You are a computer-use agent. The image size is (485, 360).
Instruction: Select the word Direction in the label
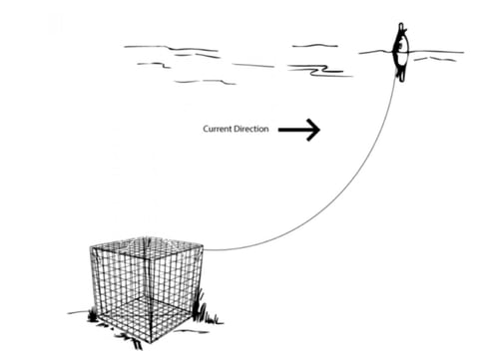[x=253, y=129]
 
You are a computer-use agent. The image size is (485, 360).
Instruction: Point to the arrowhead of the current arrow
[x=312, y=129]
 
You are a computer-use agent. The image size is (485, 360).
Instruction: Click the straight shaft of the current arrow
[x=293, y=129]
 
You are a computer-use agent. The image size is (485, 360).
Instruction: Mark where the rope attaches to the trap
[x=204, y=250]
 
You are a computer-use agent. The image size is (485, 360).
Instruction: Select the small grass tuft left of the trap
[x=93, y=315]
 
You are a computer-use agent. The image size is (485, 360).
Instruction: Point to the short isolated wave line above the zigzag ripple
[x=314, y=45]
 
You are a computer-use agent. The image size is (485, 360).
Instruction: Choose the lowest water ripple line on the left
[x=205, y=81]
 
